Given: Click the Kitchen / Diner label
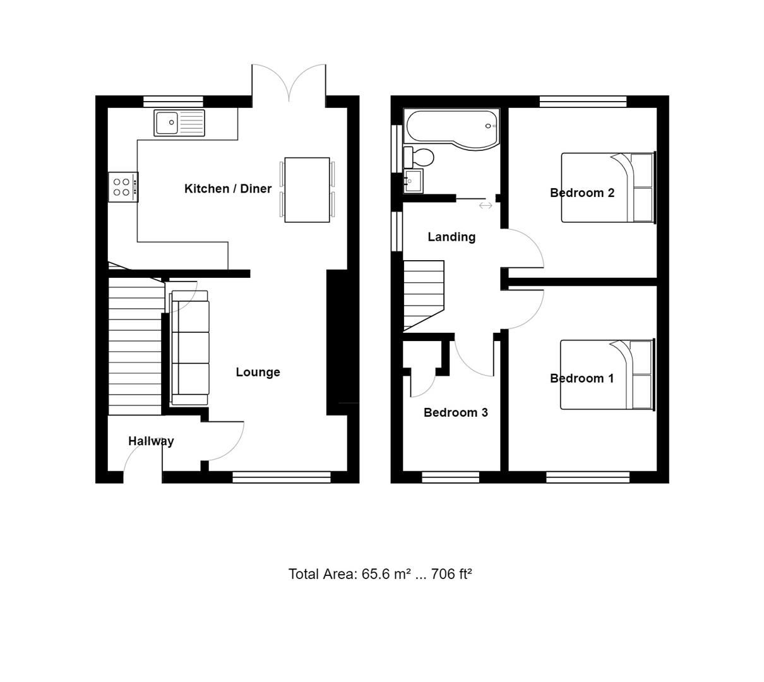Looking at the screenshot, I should (228, 189).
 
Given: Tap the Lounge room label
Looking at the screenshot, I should (258, 373).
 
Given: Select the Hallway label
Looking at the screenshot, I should (151, 441).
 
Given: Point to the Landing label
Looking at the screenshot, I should (451, 237).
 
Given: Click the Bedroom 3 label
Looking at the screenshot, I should (455, 412).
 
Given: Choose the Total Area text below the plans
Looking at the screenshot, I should (380, 574).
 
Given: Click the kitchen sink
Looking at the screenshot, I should (179, 123).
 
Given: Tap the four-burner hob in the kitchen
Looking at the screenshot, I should (122, 187).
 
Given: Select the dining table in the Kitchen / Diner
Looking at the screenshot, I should (307, 189).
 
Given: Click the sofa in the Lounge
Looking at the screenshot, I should (190, 348).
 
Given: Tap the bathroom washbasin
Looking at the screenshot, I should (412, 181).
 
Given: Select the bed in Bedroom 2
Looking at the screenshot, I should (607, 188).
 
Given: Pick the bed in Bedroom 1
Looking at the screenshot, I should (607, 375).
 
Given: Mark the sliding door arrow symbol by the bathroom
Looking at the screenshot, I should (485, 205).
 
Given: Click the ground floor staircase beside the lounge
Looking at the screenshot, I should (135, 347).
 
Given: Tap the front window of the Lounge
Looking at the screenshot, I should (281, 477).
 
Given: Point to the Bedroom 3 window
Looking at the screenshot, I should (450, 477).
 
